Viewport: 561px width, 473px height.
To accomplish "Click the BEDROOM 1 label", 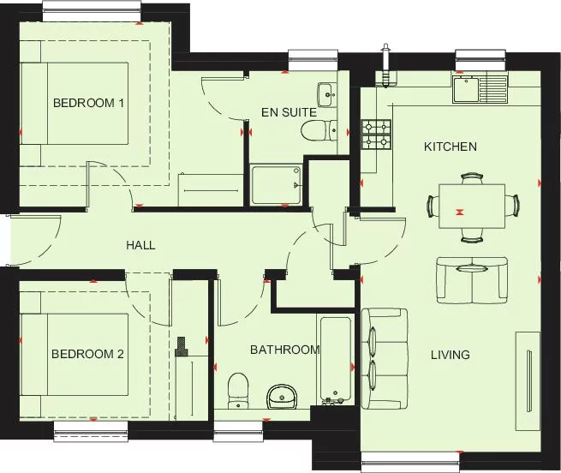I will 89,104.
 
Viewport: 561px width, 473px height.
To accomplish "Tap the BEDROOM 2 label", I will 89,354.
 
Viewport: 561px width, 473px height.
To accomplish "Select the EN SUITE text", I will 289,112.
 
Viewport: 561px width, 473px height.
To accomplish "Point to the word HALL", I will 140,245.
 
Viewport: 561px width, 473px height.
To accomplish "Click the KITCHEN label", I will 451,147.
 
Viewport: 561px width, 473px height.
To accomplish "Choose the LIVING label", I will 450,355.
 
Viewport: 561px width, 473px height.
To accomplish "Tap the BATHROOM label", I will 284,350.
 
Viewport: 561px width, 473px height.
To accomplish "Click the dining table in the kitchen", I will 471,206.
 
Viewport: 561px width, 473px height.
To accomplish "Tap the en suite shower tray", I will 277,184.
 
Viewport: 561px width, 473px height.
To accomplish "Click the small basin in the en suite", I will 325,92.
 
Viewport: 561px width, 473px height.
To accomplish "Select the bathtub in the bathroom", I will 334,360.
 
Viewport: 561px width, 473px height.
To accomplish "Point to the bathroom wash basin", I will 281,396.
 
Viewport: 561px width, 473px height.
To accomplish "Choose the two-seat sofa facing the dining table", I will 470,280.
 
